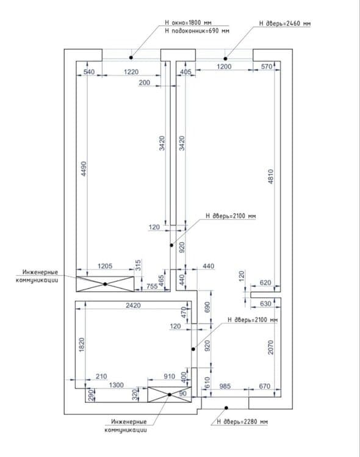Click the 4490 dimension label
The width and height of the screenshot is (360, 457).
click(84, 169)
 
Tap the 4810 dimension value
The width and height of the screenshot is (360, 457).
click(270, 176)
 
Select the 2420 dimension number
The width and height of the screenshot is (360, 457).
click(133, 305)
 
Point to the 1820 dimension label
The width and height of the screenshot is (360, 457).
click(82, 344)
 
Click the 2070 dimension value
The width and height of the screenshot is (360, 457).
click(270, 347)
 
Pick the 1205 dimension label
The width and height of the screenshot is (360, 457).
click(105, 266)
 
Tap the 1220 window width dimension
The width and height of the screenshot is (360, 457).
click(131, 72)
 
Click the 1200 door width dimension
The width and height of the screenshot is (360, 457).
click(224, 67)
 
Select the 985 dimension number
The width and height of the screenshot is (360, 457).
click(225, 386)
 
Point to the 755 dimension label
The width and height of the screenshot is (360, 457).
click(152, 286)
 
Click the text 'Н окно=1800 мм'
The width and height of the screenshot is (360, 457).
click(188, 23)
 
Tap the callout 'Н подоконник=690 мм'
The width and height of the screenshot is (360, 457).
click(197, 31)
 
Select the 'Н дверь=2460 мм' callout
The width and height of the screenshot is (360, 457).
click(285, 23)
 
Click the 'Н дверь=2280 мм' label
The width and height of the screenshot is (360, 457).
click(242, 422)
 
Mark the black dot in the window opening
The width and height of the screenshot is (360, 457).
click(131, 58)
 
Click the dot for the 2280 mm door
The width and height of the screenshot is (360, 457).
click(226, 408)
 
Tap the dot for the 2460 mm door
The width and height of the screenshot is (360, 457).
click(225, 59)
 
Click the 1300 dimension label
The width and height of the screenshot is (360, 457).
click(117, 385)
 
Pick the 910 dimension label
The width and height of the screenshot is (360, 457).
click(170, 376)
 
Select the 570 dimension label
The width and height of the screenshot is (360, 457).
click(267, 67)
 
